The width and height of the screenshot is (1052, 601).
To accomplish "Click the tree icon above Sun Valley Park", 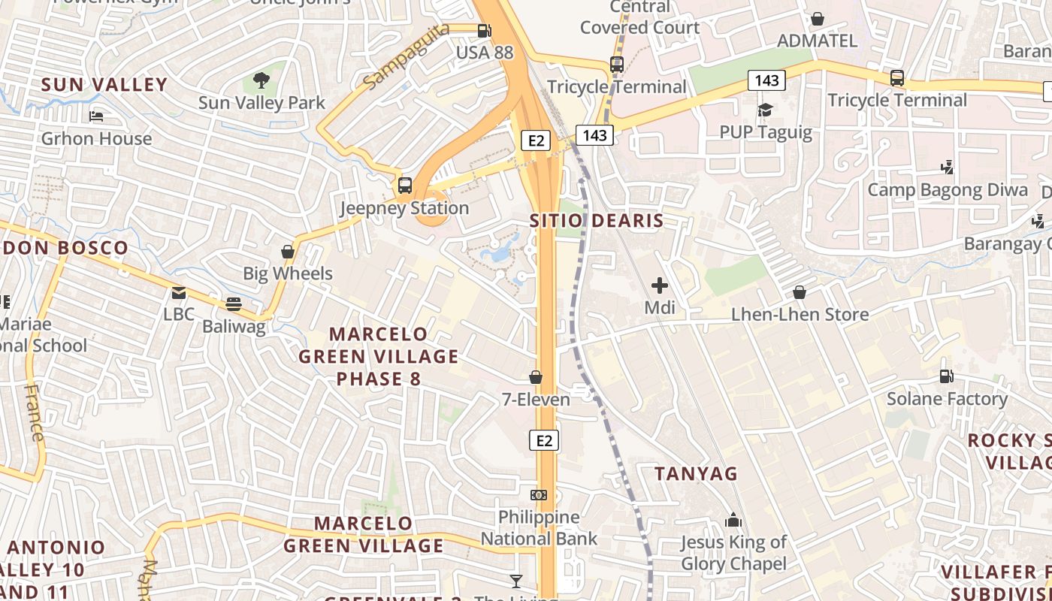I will [x=261, y=80].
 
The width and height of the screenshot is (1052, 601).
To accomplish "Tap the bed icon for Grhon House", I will [x=96, y=116].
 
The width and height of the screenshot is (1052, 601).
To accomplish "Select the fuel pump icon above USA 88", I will [x=485, y=31].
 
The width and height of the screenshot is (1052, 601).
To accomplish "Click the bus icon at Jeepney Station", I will [x=405, y=185].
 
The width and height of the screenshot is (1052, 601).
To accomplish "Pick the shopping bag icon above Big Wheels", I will [x=287, y=251].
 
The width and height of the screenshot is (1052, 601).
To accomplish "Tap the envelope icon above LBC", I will [x=178, y=292].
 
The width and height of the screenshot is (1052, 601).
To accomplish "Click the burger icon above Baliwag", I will [x=234, y=304].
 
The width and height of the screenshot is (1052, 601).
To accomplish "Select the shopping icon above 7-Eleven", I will [x=536, y=377].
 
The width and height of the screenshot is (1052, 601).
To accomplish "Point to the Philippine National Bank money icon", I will [x=539, y=494].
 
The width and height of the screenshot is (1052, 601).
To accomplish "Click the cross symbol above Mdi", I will [x=660, y=285].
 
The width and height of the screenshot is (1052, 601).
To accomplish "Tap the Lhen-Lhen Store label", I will [x=800, y=314].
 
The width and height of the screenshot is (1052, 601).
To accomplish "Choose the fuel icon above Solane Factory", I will [x=947, y=376].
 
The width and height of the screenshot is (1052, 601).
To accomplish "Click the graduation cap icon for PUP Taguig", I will [x=765, y=110].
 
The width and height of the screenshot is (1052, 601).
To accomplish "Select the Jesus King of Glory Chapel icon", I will [x=733, y=520].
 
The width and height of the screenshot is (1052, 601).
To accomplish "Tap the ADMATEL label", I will [x=817, y=41].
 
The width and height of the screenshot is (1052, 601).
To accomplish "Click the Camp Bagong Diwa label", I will [x=948, y=189].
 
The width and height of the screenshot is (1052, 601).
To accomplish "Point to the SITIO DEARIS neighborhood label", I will [x=597, y=221].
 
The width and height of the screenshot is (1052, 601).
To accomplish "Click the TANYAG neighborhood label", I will [x=696, y=473].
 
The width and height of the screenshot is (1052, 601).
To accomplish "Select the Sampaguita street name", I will [x=406, y=55].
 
